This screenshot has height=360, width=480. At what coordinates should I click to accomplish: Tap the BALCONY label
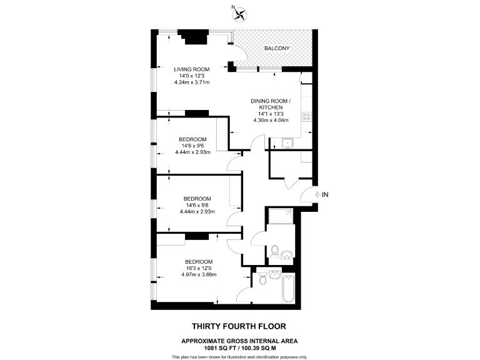point(275,47)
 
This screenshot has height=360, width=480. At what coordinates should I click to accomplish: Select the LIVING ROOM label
point(191,69)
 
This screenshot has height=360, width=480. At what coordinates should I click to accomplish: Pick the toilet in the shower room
point(276,251)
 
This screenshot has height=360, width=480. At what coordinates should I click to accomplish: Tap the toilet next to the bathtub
point(262,279)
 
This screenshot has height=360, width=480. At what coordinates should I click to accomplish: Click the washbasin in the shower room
point(287,254)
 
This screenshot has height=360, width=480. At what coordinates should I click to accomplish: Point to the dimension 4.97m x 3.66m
point(198,275)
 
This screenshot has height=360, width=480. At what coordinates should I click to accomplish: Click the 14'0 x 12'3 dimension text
point(191,76)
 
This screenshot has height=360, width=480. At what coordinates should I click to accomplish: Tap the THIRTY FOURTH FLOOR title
point(239,326)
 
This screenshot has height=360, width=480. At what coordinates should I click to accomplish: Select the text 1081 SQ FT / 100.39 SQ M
point(239,347)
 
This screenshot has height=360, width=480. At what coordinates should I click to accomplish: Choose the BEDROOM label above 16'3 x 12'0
point(198,261)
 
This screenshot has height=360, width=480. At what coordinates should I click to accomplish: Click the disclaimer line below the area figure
point(239,356)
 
